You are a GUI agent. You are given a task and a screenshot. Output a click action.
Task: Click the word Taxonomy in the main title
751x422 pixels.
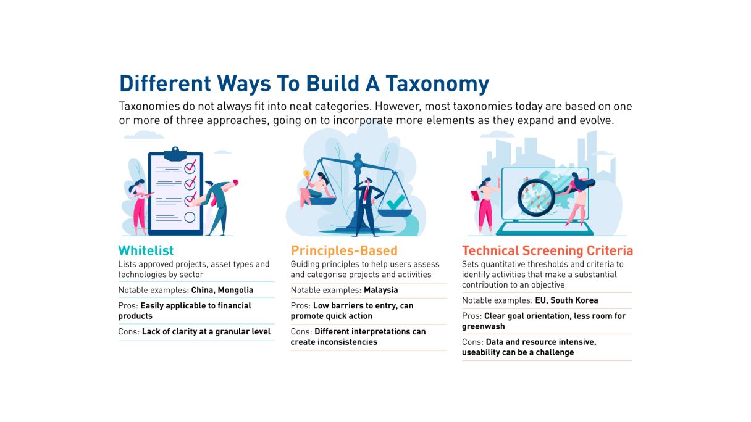click(x=434, y=83)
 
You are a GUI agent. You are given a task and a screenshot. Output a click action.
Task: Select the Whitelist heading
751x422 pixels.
click(x=146, y=251)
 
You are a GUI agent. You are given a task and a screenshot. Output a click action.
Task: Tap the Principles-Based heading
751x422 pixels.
click(x=344, y=251)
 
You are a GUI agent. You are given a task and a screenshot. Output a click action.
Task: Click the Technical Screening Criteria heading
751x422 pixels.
click(x=547, y=251)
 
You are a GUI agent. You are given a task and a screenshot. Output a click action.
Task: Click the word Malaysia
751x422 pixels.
click(x=380, y=290)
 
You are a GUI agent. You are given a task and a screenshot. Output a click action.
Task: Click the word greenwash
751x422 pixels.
click(x=484, y=326)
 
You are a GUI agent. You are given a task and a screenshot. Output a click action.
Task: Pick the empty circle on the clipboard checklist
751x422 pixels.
click(x=190, y=217)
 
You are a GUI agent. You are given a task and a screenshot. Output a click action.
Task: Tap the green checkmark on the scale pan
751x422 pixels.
click(x=395, y=202)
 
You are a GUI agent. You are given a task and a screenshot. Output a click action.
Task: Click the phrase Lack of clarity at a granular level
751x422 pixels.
click(x=206, y=331)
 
